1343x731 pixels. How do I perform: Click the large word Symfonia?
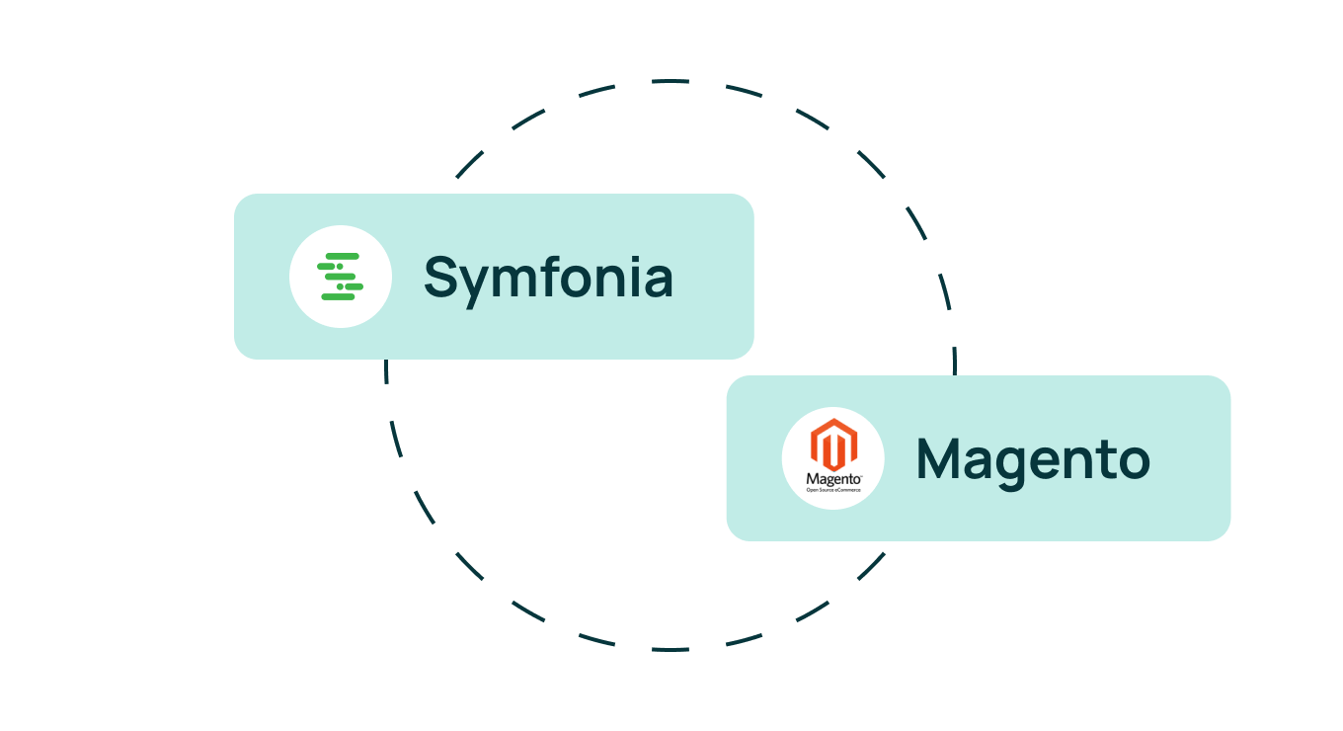548,278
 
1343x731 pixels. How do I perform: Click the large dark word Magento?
1033,458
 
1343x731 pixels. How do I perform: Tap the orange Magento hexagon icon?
833,446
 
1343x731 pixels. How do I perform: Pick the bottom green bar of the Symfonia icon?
338,296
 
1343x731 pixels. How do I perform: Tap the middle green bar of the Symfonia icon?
340,277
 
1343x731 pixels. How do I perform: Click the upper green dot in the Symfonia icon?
339,267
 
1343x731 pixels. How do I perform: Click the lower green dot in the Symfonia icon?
340,286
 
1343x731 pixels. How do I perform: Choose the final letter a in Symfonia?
658,281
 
